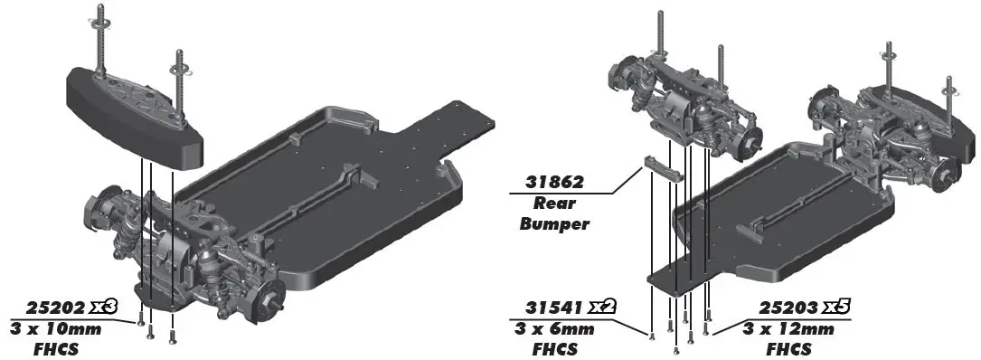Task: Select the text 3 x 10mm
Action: (56, 329)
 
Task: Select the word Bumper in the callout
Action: (554, 223)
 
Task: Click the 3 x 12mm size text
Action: (788, 329)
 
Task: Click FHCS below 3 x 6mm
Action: (555, 348)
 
